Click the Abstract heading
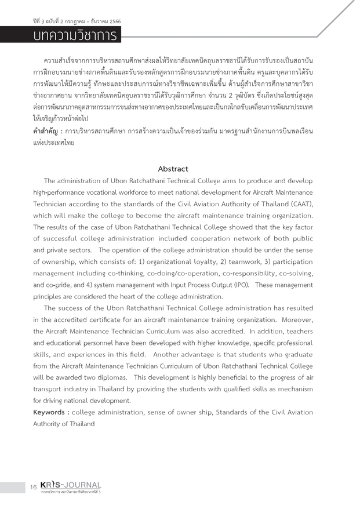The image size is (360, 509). pyautogui.click(x=173, y=169)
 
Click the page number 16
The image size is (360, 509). pyautogui.click(x=34, y=488)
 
